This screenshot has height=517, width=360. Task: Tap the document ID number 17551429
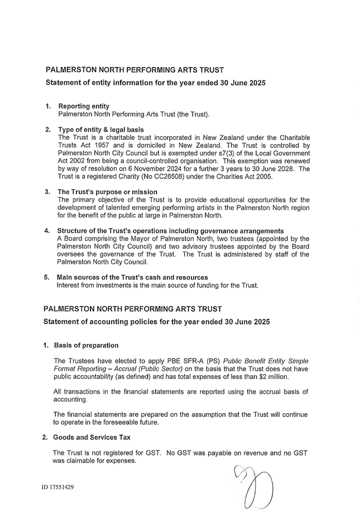tap(57, 487)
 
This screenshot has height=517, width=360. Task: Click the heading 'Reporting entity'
tap(84, 106)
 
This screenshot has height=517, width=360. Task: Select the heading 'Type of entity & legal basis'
tap(100, 130)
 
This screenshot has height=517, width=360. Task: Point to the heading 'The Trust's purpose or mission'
tap(107, 192)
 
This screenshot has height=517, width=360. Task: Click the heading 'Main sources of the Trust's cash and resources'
tap(132, 277)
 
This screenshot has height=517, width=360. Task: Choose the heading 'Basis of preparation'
tap(86, 346)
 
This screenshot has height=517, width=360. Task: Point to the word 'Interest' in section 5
tap(70, 285)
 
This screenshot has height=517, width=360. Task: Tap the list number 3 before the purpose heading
tap(47, 192)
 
